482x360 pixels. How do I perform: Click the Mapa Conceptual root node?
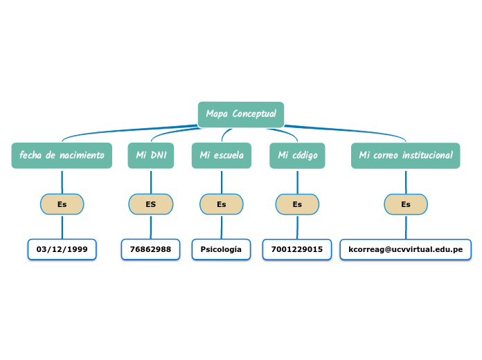[240, 114]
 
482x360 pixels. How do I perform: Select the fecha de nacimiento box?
[62, 156]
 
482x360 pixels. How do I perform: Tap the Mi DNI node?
[150, 156]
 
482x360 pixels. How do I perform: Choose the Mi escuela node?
[222, 156]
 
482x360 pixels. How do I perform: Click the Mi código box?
[297, 156]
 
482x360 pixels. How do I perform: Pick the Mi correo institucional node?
[405, 156]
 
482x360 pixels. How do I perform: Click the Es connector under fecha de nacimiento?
[62, 204]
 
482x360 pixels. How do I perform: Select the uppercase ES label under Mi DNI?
[150, 204]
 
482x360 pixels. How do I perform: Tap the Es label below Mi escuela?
[222, 204]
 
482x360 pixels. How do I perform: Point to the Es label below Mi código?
[297, 204]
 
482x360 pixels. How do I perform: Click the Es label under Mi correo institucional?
[406, 204]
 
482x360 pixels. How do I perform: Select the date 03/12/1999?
[62, 249]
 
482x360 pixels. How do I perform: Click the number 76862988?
[150, 249]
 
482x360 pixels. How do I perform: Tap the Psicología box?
[221, 249]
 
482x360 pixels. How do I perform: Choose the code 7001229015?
[296, 249]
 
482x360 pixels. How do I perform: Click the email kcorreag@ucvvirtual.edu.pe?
[405, 249]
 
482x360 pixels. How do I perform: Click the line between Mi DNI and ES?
[150, 181]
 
